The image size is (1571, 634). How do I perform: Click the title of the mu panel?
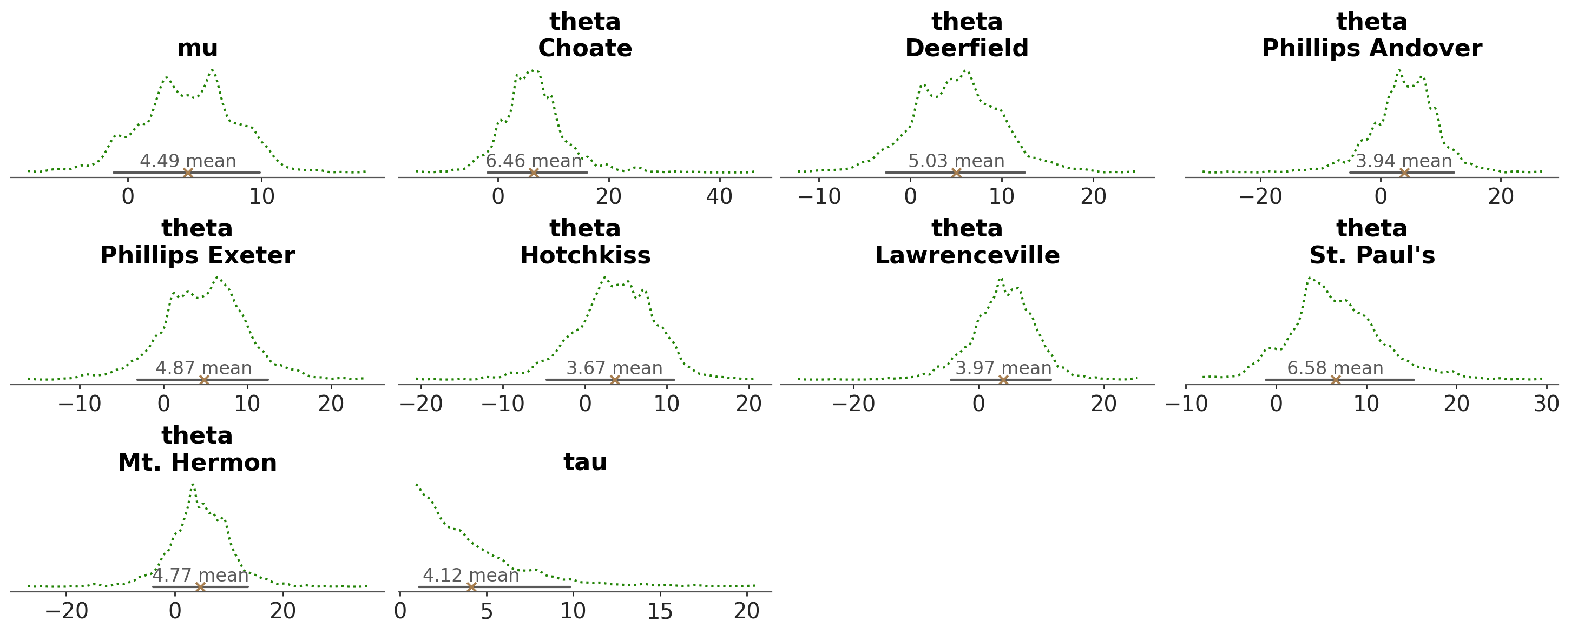click(x=197, y=48)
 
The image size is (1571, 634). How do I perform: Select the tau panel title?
click(x=585, y=462)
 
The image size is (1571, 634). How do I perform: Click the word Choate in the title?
click(x=585, y=48)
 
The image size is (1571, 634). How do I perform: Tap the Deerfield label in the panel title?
click(x=967, y=48)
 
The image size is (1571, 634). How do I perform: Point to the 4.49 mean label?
click(x=188, y=161)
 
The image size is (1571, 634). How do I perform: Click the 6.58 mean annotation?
click(x=1335, y=368)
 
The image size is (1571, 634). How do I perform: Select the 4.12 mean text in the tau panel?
click(x=471, y=575)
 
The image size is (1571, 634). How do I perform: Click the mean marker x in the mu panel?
click(x=188, y=173)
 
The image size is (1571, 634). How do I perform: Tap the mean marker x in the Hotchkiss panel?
click(x=614, y=380)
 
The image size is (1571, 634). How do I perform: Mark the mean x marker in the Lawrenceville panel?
click(x=1003, y=380)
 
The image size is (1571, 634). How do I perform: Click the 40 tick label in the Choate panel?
click(x=719, y=197)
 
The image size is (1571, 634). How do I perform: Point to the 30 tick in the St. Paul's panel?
click(x=1547, y=404)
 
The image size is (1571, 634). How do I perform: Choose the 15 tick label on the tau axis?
click(x=660, y=611)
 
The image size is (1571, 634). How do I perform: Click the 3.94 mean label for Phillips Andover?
click(x=1403, y=161)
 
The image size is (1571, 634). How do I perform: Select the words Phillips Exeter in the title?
click(x=197, y=255)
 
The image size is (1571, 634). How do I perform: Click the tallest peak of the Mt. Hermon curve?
click(x=193, y=485)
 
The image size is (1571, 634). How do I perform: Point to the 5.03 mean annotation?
click(x=956, y=161)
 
